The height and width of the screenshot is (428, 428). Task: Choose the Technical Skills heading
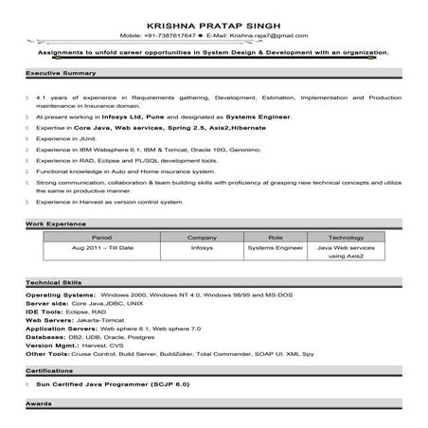click(54, 285)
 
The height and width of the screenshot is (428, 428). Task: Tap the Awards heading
click(39, 404)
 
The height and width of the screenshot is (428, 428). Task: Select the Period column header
click(101, 237)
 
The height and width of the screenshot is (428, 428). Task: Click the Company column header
click(203, 237)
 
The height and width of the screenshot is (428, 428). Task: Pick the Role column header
click(276, 237)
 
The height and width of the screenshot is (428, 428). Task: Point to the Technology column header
click(346, 237)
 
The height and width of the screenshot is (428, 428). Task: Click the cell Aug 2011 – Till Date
click(102, 247)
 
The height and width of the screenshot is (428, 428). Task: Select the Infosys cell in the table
click(202, 247)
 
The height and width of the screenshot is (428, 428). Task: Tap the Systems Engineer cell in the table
click(275, 247)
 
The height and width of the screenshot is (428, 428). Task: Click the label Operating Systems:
click(57, 296)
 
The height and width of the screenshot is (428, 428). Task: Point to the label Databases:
click(45, 336)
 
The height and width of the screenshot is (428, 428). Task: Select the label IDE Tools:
click(45, 312)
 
